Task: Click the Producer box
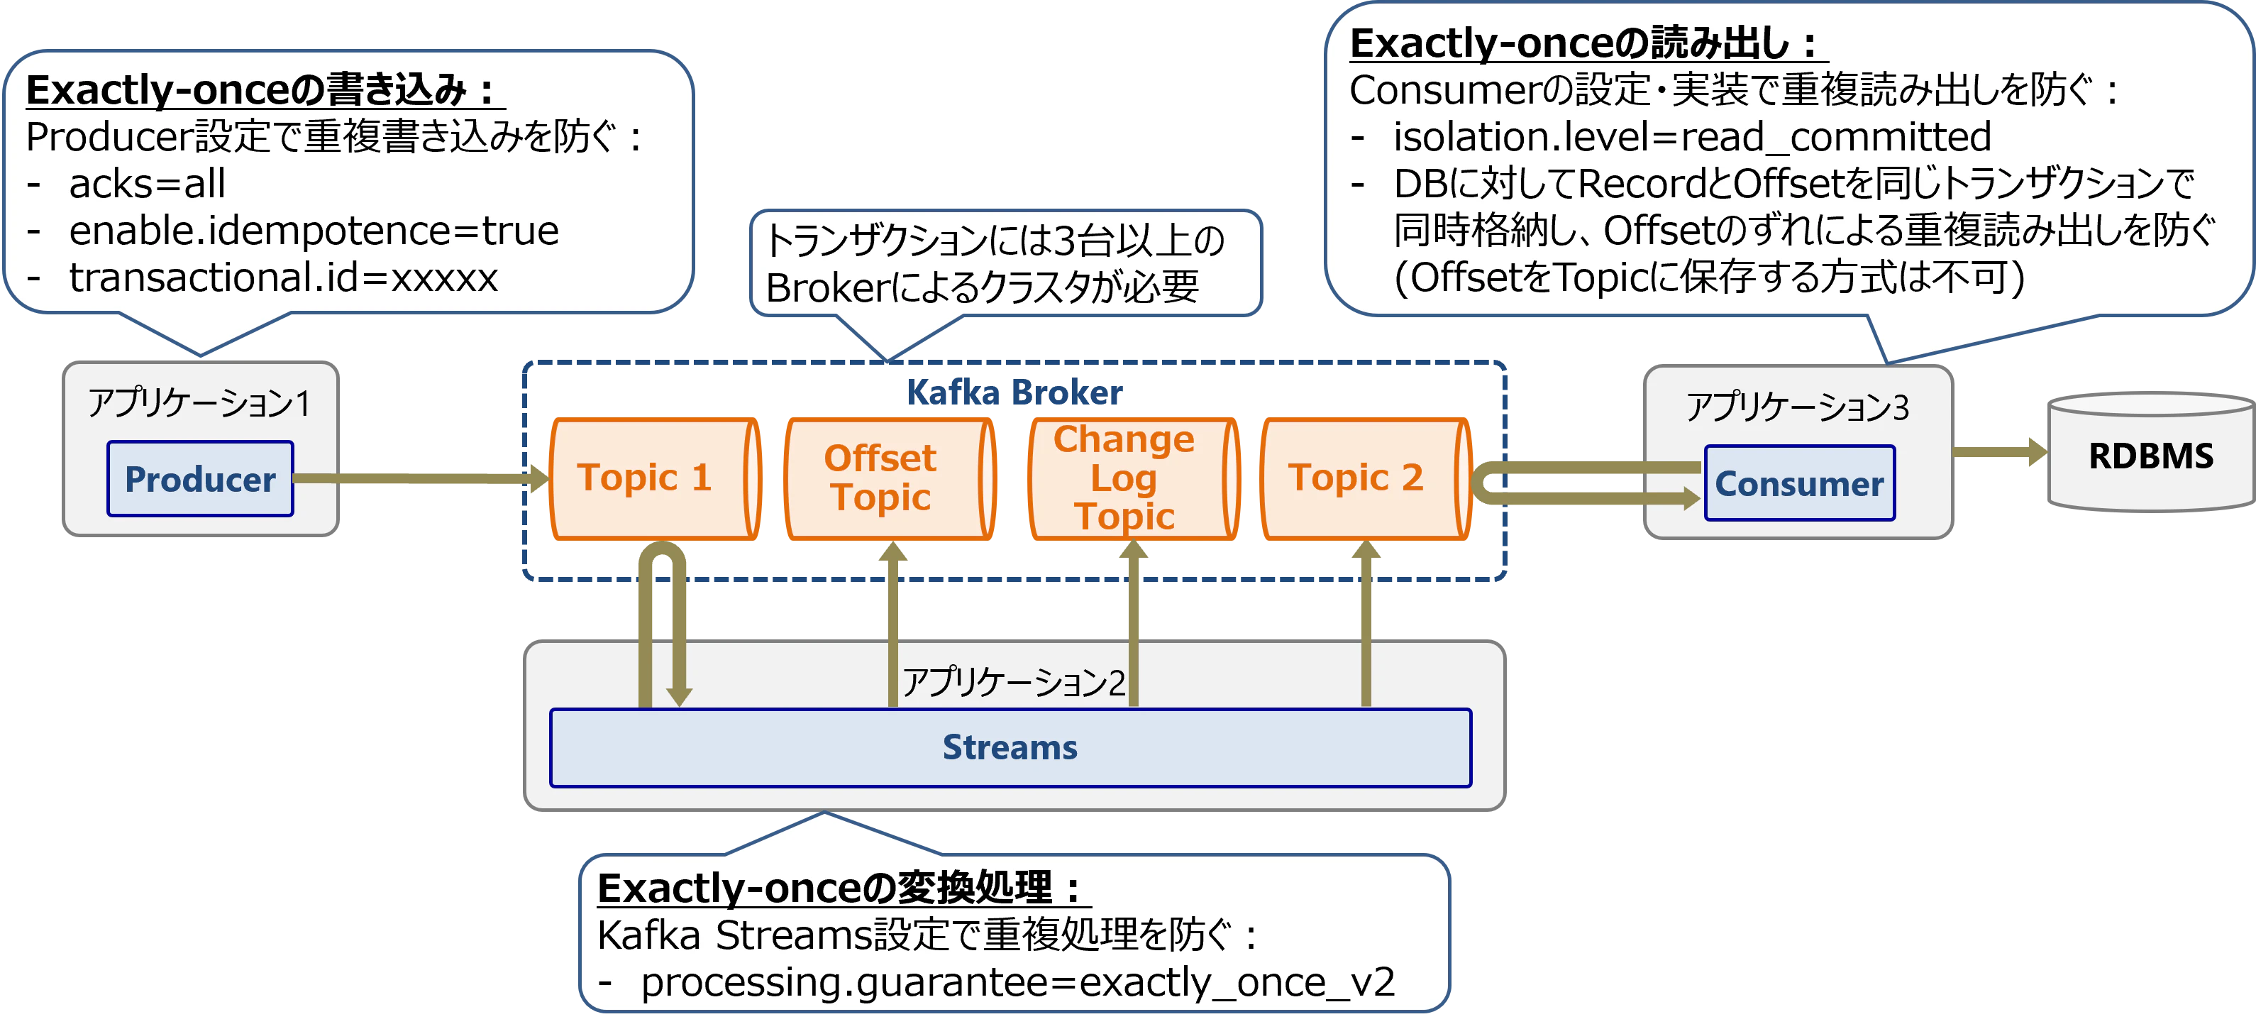(x=199, y=479)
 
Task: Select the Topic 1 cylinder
(x=653, y=478)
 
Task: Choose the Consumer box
(x=1799, y=483)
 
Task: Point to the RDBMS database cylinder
(x=2150, y=456)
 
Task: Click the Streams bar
(x=1010, y=748)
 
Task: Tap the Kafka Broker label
(x=1014, y=393)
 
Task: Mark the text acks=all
(x=147, y=184)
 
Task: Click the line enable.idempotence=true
(x=314, y=231)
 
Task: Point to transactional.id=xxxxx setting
(x=283, y=277)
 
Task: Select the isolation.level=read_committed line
(x=1692, y=137)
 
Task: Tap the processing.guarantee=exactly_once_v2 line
(x=1017, y=981)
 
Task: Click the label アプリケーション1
(x=198, y=404)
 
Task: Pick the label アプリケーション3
(x=1797, y=407)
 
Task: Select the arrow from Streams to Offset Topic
(x=892, y=626)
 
